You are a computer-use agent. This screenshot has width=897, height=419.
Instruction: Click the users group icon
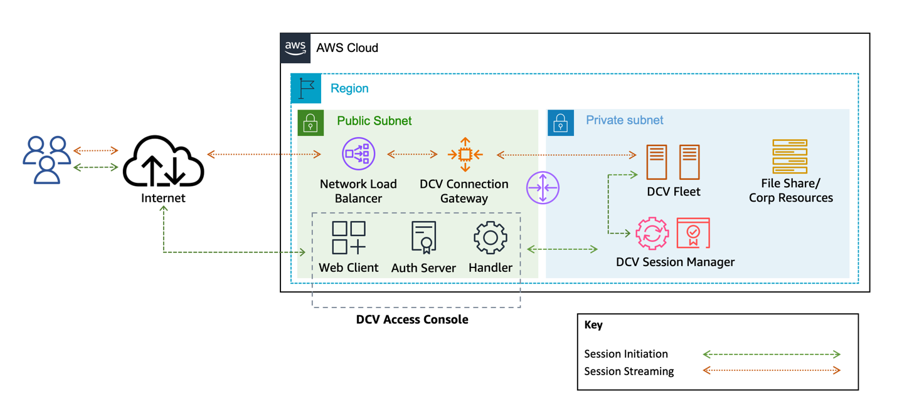point(47,160)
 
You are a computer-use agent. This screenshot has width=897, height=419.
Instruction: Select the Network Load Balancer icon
point(358,154)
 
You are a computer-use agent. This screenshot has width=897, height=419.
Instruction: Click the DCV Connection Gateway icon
point(465,154)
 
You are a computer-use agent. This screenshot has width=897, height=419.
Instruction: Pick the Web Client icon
point(349,237)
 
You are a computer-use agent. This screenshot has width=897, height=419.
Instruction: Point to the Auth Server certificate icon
point(423,237)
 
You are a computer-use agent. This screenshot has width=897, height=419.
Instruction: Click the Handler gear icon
point(491,237)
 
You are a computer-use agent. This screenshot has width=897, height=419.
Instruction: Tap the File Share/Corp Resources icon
point(790,157)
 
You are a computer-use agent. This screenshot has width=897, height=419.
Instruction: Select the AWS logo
point(295,48)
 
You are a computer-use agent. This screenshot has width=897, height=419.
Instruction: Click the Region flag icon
point(306,88)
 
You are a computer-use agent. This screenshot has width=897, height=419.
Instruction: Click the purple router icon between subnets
point(543,188)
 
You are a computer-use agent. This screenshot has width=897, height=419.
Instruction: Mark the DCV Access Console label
point(412,319)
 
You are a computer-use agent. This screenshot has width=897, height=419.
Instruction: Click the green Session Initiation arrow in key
point(771,354)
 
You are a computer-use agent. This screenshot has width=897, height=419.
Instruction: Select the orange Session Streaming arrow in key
point(771,371)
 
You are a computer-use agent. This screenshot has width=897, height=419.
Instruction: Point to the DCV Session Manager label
point(675,262)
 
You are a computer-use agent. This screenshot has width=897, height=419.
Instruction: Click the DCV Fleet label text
point(674,192)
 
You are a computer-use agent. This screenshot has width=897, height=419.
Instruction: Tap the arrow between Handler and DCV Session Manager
point(562,249)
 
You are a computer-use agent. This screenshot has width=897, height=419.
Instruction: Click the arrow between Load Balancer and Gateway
point(412,154)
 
